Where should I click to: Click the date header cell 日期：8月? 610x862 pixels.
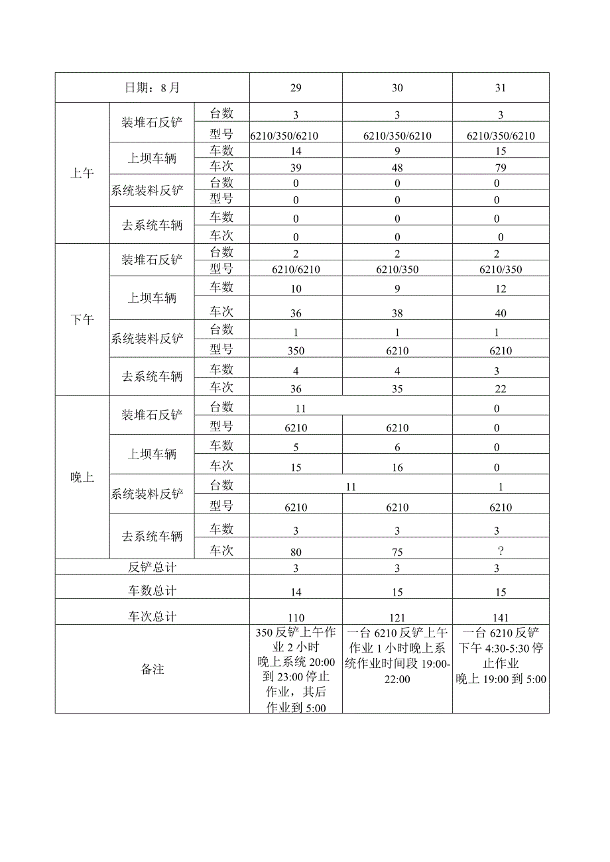tap(152, 87)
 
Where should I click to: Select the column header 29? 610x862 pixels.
tap(296, 87)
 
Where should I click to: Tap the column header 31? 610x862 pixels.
tap(501, 87)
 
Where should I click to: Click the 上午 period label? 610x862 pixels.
tap(82, 174)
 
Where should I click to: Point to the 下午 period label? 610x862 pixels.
tap(82, 319)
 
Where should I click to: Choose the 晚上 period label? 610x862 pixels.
tap(82, 477)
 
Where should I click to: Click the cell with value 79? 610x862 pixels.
tap(501, 167)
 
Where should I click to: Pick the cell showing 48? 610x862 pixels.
tap(397, 167)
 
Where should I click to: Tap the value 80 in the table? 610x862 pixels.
tap(296, 551)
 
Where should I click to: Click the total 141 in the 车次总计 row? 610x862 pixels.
tap(501, 617)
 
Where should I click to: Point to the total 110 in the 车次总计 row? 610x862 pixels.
tap(296, 617)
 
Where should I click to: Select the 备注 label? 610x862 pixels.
tap(152, 669)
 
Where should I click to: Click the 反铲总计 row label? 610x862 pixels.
tap(152, 567)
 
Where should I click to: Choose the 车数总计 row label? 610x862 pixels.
tap(152, 590)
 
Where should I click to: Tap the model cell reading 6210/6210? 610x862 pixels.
tap(296, 270)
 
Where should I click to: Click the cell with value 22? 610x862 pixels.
tap(501, 389)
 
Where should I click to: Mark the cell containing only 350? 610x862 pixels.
tap(296, 350)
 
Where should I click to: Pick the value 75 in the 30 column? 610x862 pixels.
tap(397, 551)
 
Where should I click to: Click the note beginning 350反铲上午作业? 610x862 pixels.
tap(296, 669)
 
